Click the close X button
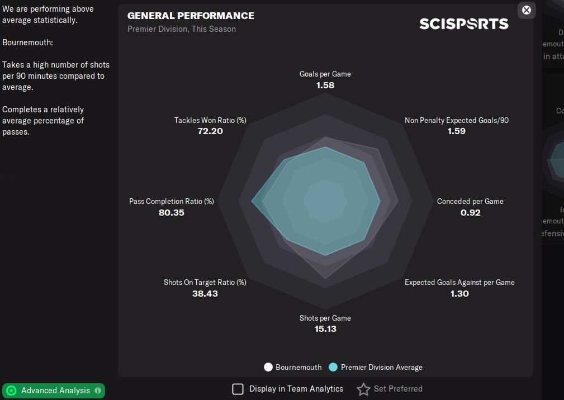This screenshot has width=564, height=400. pyautogui.click(x=526, y=10)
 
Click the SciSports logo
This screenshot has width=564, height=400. pyautogui.click(x=463, y=23)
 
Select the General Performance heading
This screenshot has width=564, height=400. pyautogui.click(x=191, y=16)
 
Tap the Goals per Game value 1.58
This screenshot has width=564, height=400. pyautogui.click(x=325, y=85)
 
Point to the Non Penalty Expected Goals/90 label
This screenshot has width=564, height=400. pyautogui.click(x=456, y=120)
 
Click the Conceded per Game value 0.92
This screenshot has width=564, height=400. pyautogui.click(x=470, y=213)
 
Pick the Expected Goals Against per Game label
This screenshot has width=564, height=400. pyautogui.click(x=459, y=282)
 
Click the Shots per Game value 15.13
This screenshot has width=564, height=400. pyautogui.click(x=325, y=329)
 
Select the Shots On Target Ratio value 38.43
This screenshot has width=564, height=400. pyautogui.click(x=205, y=294)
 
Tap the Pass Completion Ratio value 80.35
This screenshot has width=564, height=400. pyautogui.click(x=171, y=213)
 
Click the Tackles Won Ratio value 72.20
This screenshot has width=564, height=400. pyautogui.click(x=210, y=131)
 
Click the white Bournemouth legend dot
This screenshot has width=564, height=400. pyautogui.click(x=268, y=367)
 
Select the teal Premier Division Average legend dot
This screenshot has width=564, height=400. pyautogui.click(x=333, y=367)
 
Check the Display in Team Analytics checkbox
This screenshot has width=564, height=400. pyautogui.click(x=238, y=389)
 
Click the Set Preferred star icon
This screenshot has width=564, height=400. pyautogui.click(x=363, y=389)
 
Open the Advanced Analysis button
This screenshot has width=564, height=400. pyautogui.click(x=54, y=391)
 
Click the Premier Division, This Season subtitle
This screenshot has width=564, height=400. pyautogui.click(x=182, y=29)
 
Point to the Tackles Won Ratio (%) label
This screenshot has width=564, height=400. pyautogui.click(x=210, y=120)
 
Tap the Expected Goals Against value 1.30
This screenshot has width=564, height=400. pyautogui.click(x=459, y=294)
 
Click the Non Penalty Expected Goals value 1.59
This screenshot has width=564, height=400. pyautogui.click(x=456, y=131)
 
